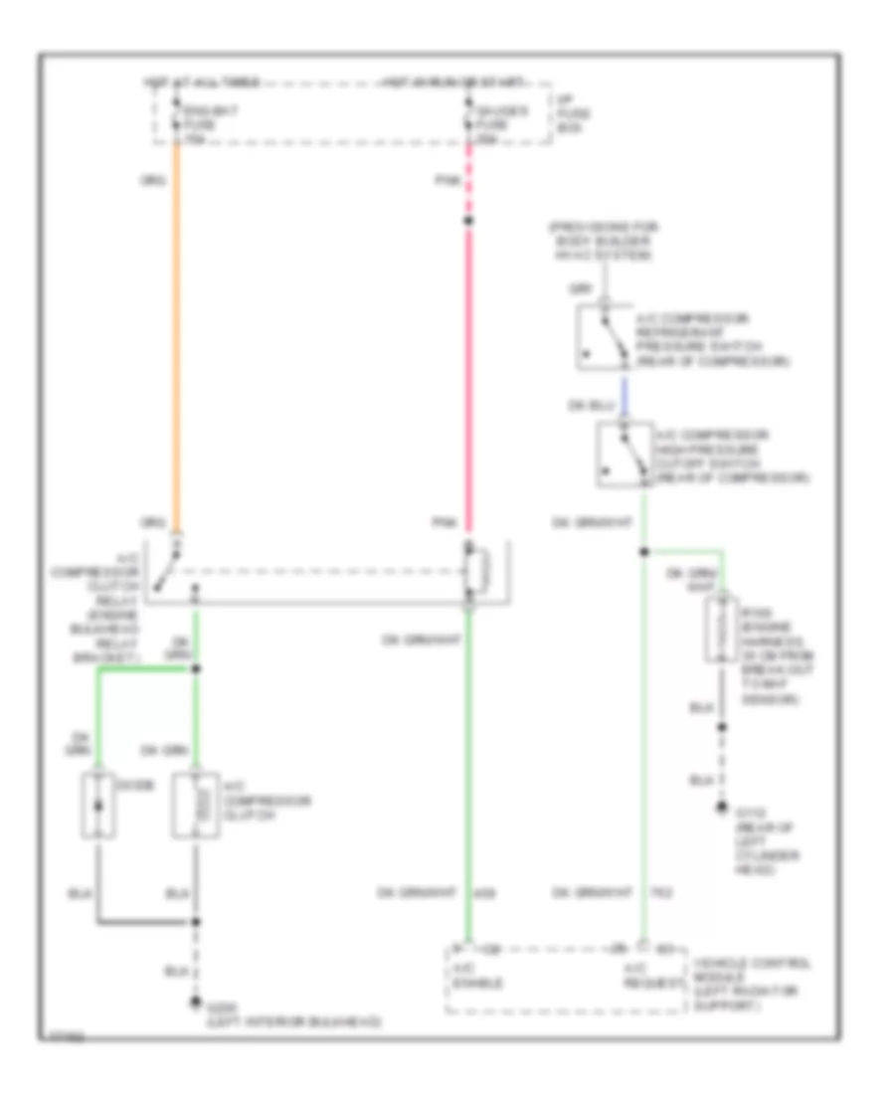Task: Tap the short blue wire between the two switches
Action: coord(624,397)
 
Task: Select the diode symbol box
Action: coord(97,804)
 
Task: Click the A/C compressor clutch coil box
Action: coord(196,804)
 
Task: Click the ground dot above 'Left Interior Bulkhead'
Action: coord(196,1003)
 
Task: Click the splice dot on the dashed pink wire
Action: coord(468,221)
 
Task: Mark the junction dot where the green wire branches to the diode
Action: coord(196,669)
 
